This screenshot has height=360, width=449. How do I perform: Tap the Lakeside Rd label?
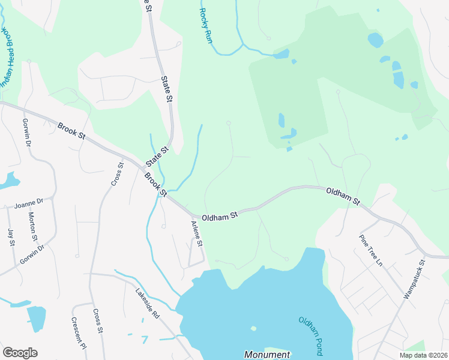tap(146, 304)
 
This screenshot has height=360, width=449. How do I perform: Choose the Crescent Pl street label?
tap(79, 333)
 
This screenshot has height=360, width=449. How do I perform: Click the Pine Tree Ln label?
tap(370, 250)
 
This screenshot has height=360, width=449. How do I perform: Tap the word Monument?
tap(267, 355)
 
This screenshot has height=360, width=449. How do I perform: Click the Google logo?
tap(20, 353)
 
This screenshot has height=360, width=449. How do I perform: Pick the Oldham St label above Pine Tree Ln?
tap(343, 196)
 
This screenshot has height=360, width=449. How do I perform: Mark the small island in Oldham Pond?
tap(253, 328)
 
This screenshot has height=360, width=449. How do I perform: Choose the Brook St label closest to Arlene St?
tap(155, 184)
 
